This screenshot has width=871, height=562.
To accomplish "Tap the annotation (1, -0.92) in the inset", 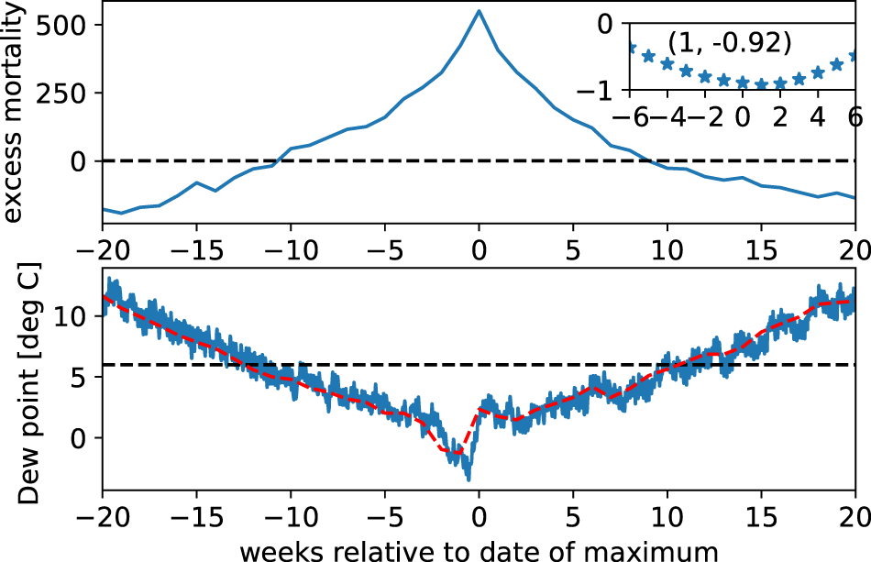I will tap(729, 43).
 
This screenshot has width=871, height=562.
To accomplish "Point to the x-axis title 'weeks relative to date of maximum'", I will tap(478, 550).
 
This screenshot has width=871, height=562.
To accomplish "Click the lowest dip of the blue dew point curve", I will tap(469, 478).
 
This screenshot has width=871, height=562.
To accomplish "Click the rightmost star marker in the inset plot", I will tap(854, 56).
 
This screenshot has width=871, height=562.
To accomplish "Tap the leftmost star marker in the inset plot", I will tap(631, 47).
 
